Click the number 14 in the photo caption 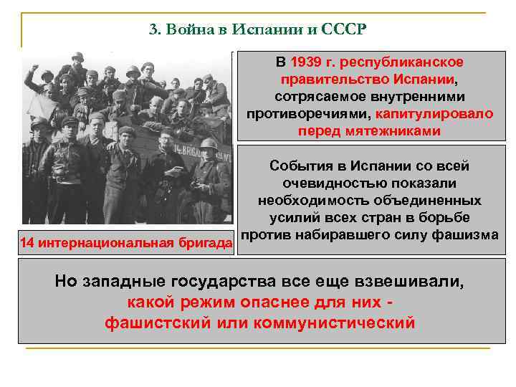pyautogui.click(x=27, y=244)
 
